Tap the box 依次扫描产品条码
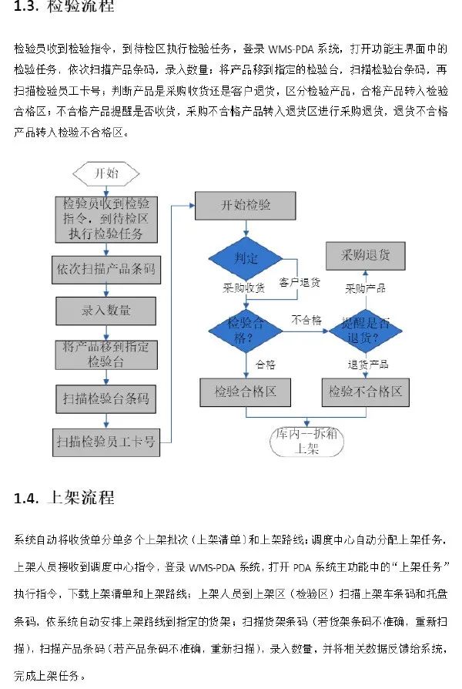tap(105, 270)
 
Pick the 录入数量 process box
tap(105, 311)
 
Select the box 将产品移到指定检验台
tap(105, 354)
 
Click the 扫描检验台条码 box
tap(105, 399)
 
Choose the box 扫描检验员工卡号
tap(105, 442)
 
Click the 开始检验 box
tap(246, 205)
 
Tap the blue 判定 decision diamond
tap(246, 258)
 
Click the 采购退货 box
tap(365, 255)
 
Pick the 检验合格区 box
tap(246, 392)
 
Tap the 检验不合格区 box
tap(365, 392)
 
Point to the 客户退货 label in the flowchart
tap(300, 283)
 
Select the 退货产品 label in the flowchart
tap(367, 365)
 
